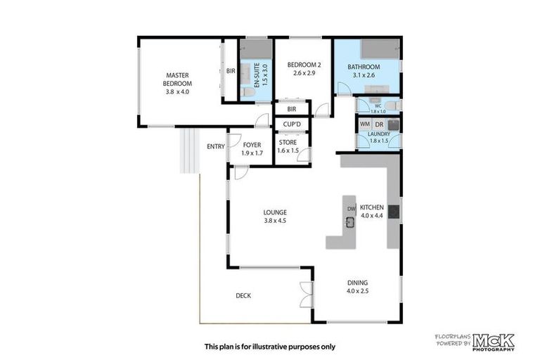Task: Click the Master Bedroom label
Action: (177, 83)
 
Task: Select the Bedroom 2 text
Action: (302, 69)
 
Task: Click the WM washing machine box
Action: (365, 124)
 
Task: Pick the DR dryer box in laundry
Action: (379, 124)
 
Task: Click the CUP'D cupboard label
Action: (292, 124)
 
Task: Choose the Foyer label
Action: (251, 148)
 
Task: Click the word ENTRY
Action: (215, 146)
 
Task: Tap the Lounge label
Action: (274, 216)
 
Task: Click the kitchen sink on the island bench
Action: (349, 223)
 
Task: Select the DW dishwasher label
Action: (350, 209)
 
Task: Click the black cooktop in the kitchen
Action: (393, 210)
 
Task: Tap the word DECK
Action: (243, 295)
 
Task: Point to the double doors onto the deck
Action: (305, 295)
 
